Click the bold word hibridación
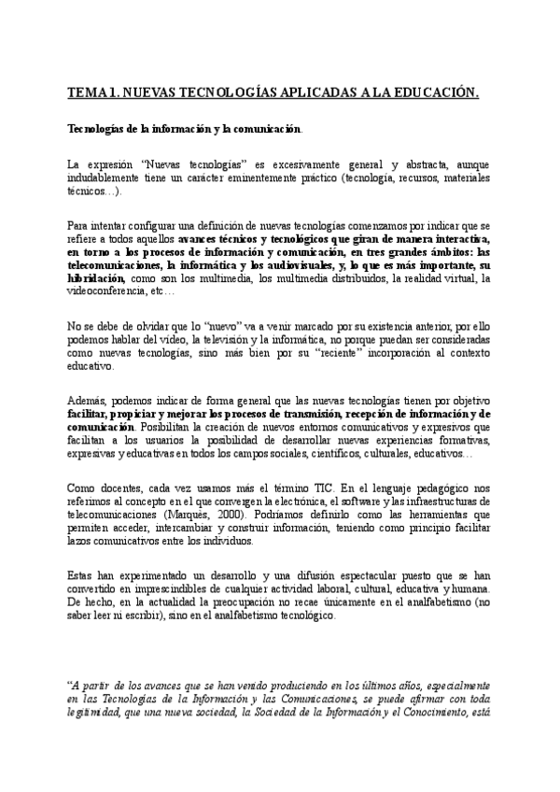pos(95,277)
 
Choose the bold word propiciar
pos(135,415)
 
